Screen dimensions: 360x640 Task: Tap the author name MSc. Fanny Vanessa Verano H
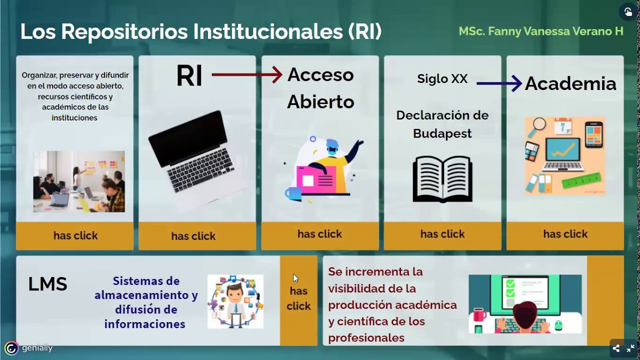point(541,31)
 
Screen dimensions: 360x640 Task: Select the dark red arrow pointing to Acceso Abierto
point(247,75)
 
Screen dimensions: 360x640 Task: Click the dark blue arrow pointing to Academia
point(499,83)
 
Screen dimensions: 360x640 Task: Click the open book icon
point(442,178)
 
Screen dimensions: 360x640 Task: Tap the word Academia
point(570,83)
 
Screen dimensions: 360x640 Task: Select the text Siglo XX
point(442,78)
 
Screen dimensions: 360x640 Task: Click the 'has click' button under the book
point(442,234)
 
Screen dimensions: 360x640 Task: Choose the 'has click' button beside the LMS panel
point(298,298)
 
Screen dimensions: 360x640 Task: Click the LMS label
point(47,284)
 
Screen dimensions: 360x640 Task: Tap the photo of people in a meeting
point(79,181)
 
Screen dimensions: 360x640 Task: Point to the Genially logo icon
point(11,348)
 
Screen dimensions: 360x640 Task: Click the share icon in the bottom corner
point(616,348)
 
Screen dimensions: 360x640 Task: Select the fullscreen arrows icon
point(630,348)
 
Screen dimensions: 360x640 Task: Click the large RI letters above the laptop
point(189,76)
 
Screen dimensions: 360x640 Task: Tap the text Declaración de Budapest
point(442,124)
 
